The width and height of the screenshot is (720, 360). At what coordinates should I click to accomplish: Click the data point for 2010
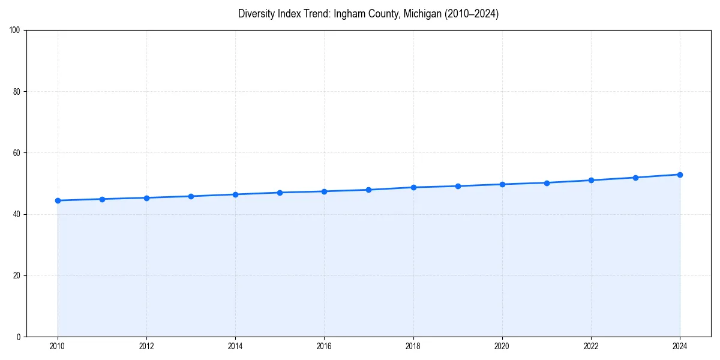pos(58,200)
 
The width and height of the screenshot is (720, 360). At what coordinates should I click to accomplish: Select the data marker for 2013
pos(191,196)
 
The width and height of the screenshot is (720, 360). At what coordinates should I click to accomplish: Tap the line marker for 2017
pos(368,190)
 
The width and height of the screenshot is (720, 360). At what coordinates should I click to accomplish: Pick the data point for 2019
pos(458,186)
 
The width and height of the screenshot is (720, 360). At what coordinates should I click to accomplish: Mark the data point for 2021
pos(547,183)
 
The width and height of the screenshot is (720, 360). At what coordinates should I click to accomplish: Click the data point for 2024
pos(680,175)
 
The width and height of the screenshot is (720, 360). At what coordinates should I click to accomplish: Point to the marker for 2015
pos(280,193)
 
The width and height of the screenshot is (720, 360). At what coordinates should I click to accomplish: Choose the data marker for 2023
pos(635,178)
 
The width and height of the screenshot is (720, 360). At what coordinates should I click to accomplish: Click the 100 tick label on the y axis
pos(15,31)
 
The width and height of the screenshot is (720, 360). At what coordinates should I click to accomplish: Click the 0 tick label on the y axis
pos(19,337)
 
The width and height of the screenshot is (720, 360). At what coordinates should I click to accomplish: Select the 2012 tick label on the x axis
pos(146,346)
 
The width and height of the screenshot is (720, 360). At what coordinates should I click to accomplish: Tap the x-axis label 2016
pos(324,346)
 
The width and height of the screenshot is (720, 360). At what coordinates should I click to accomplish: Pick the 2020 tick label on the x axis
pos(502,346)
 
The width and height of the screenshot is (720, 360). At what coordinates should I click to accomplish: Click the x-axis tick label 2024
pos(680,346)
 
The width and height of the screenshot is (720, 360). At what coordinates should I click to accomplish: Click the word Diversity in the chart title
pos(256,14)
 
